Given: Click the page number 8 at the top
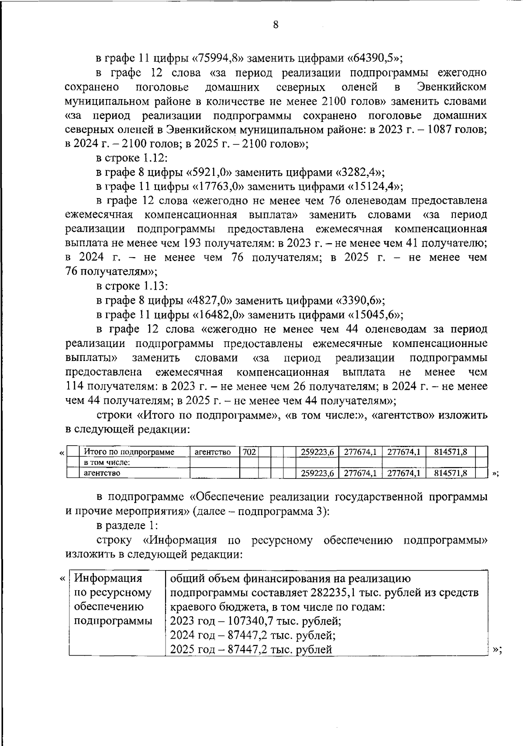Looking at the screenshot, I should (x=276, y=25).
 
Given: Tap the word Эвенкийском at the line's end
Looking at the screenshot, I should (x=452, y=87).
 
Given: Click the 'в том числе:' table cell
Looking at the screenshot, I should (x=107, y=462).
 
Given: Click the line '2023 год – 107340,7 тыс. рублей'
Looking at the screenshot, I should (x=255, y=621).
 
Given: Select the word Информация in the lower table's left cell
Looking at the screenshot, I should (x=108, y=579).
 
